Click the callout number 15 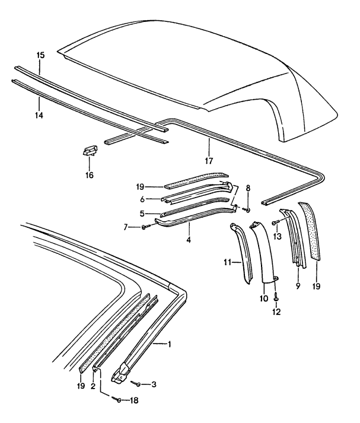pos(40,55)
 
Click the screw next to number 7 pos(144,228)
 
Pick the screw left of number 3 pos(136,384)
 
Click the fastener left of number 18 pos(116,399)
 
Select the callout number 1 pos(169,344)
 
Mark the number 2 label pos(92,386)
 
